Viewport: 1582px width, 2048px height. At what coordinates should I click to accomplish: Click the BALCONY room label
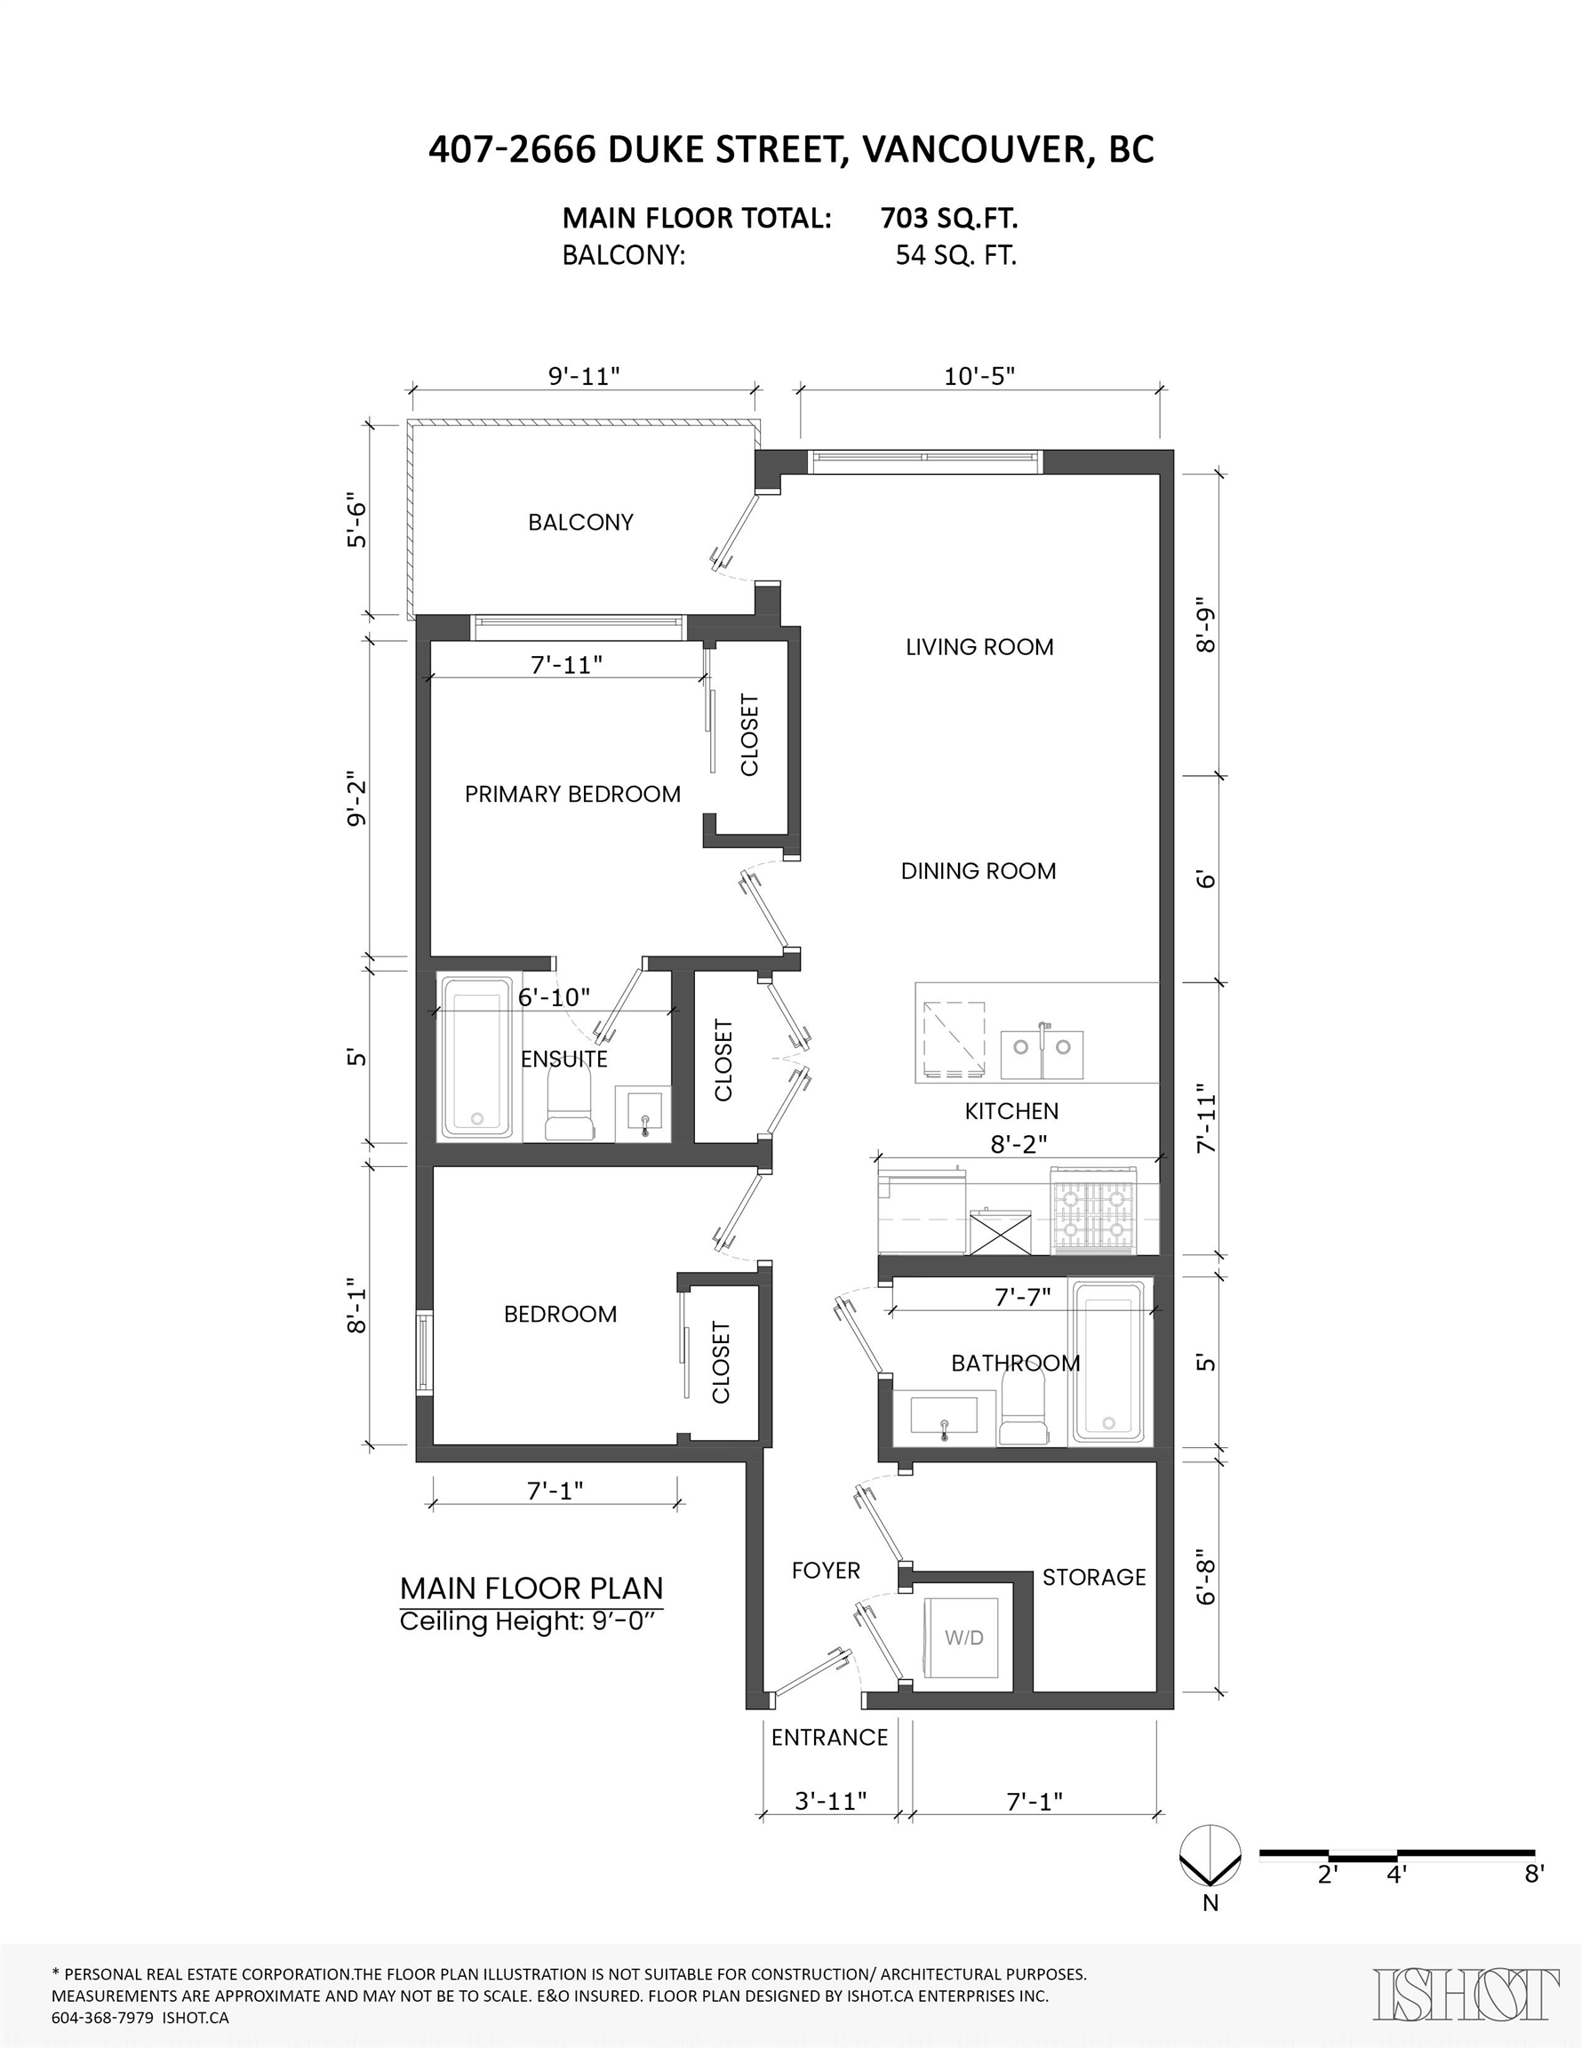pyautogui.click(x=580, y=523)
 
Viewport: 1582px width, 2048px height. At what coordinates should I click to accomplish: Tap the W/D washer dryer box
pyautogui.click(x=964, y=1637)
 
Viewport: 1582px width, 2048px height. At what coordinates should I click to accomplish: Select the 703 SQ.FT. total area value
pyautogui.click(x=948, y=219)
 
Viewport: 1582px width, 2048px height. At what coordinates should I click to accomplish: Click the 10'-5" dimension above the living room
pyautogui.click(x=979, y=376)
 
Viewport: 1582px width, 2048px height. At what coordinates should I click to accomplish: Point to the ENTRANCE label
pyautogui.click(x=829, y=1738)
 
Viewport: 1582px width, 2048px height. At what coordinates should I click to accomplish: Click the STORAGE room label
pyautogui.click(x=1093, y=1577)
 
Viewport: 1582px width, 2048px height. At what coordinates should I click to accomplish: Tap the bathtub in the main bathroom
pyautogui.click(x=1108, y=1363)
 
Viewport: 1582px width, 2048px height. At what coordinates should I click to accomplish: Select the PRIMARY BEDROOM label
pyautogui.click(x=572, y=795)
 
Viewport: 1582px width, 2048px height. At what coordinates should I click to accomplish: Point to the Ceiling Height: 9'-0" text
pyautogui.click(x=531, y=1621)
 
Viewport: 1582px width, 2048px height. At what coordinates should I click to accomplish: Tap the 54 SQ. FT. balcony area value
pyautogui.click(x=955, y=256)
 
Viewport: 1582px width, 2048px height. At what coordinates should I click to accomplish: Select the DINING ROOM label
pyautogui.click(x=978, y=871)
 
